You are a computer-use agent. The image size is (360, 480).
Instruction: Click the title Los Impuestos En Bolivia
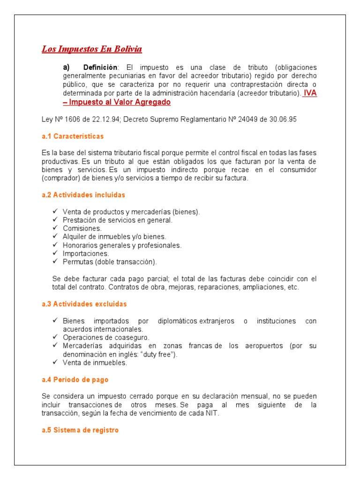coord(92,49)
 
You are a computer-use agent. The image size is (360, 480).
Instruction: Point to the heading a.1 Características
coord(73,136)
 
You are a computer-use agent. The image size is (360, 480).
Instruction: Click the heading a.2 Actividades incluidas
coord(83,195)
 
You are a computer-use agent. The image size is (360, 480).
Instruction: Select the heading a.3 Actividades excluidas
coord(84,304)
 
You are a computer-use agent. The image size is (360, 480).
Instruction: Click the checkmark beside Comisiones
coord(55,228)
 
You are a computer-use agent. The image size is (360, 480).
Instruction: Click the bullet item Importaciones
coord(86,254)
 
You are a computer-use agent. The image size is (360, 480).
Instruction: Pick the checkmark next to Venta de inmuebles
coord(55,362)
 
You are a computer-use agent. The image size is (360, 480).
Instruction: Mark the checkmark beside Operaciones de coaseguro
coord(55,337)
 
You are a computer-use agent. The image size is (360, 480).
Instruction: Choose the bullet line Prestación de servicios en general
coord(118,220)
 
